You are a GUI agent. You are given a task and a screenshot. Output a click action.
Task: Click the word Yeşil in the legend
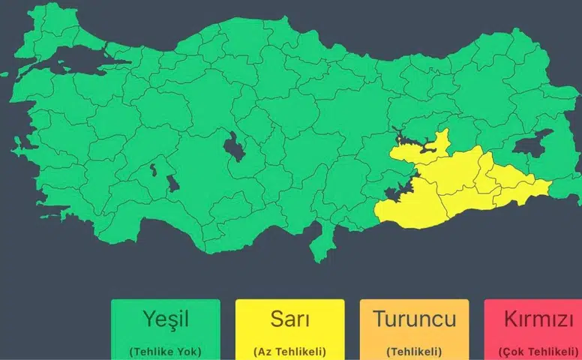[166, 319]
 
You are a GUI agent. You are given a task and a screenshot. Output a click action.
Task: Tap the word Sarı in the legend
[289, 319]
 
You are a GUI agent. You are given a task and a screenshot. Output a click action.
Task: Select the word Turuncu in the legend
[414, 319]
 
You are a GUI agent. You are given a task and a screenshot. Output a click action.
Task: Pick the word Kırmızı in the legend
[536, 319]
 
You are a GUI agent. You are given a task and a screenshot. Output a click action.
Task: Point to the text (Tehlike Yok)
[166, 351]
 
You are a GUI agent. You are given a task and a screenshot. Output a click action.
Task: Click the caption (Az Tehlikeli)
[289, 351]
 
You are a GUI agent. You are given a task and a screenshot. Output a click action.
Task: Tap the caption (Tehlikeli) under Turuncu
[414, 351]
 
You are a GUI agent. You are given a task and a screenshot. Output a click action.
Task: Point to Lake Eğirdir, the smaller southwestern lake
[153, 169]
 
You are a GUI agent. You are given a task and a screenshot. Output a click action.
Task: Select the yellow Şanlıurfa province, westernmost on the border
[409, 208]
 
